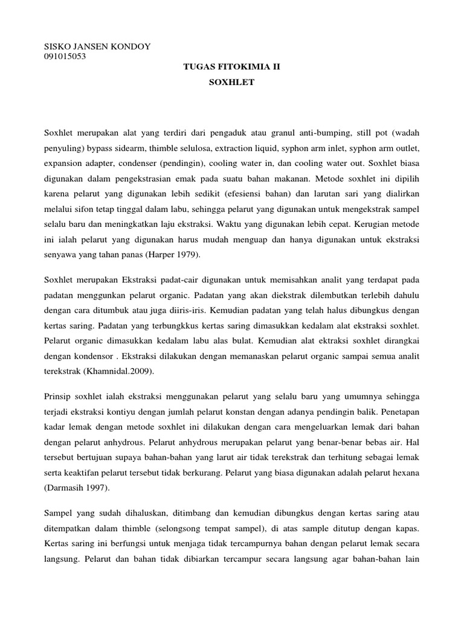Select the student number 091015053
[65, 57]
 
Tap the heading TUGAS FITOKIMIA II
[232, 69]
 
